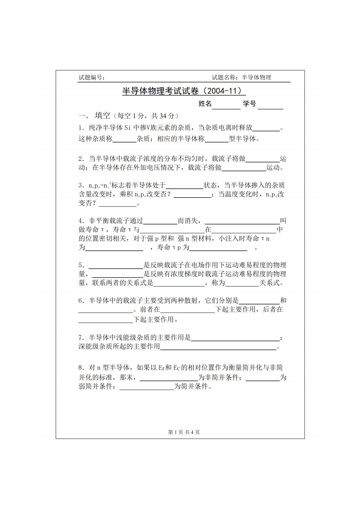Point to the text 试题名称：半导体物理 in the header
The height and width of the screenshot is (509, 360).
point(241,77)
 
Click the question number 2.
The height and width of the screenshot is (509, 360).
point(81,159)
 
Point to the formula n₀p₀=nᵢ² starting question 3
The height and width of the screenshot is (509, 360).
point(95,185)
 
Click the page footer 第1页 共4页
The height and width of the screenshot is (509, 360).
point(184,432)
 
